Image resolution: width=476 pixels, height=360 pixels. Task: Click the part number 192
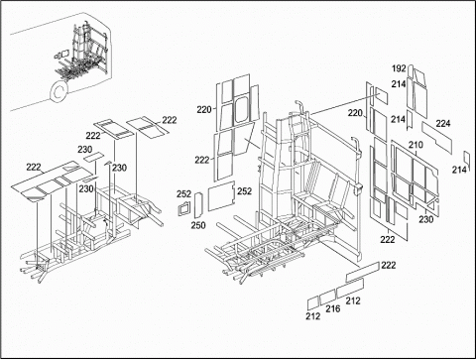point(399,68)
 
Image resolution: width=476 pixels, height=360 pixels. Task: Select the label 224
point(443,123)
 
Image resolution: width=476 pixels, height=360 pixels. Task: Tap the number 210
point(416,145)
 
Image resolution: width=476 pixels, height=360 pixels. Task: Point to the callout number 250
point(198,225)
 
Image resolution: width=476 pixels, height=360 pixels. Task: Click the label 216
point(333,308)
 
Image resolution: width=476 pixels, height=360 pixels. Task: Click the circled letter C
point(59,91)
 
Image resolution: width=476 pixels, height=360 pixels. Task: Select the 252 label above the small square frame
point(183,194)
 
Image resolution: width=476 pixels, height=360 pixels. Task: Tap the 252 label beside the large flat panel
point(244,191)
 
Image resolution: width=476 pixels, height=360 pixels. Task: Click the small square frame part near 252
point(184,208)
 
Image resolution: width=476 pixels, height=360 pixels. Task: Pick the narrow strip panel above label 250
point(198,205)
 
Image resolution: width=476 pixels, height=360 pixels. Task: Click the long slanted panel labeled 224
point(436,138)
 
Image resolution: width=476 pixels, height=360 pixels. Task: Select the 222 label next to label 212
point(388,265)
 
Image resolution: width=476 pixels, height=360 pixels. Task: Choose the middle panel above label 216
point(327,296)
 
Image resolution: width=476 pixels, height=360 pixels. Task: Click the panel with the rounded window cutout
point(242,110)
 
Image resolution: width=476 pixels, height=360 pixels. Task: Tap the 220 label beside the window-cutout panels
point(204,109)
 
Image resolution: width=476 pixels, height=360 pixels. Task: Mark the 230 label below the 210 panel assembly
point(425,219)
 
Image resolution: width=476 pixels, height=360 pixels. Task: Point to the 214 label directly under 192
point(399,84)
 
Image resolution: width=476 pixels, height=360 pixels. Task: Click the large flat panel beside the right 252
point(221,196)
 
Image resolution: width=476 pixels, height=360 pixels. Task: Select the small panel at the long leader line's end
point(381,96)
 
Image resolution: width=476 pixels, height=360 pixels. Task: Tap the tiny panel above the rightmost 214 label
point(467,158)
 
